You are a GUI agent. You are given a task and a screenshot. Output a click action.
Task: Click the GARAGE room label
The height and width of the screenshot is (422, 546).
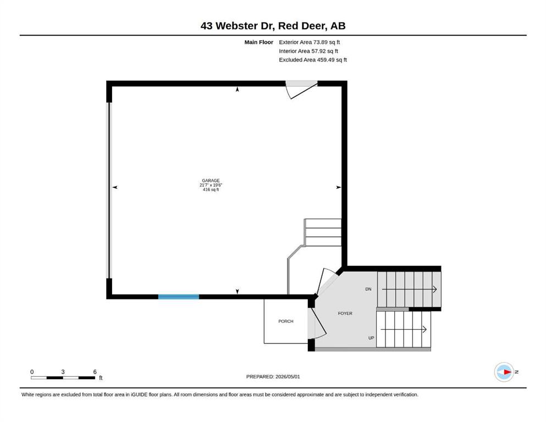[x=211, y=181]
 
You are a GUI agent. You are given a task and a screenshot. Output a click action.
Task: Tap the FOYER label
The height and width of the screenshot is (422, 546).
[x=345, y=313]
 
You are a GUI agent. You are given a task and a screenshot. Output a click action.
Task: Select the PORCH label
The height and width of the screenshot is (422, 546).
[x=286, y=321]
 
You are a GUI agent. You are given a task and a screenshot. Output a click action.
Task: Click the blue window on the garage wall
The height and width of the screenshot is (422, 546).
[x=179, y=297]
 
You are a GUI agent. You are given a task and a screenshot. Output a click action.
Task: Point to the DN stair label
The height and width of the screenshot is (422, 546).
[x=368, y=289]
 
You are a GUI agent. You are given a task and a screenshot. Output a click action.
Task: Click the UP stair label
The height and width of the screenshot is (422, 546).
[x=371, y=338]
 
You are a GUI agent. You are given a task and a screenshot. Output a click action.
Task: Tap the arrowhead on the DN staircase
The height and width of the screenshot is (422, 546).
[x=434, y=289]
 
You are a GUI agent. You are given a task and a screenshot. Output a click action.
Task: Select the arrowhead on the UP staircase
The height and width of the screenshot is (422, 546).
[x=424, y=329]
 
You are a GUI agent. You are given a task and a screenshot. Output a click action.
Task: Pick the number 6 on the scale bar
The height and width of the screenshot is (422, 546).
[x=95, y=371]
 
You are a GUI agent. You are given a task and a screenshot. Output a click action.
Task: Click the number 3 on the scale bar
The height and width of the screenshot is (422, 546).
[x=63, y=371]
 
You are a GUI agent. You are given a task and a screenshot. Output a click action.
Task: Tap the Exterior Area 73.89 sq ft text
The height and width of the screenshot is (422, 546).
[x=309, y=42]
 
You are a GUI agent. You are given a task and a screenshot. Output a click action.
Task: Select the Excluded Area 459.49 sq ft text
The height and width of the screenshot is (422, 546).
[x=313, y=59]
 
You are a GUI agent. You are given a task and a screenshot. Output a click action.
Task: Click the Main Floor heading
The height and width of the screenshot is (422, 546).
[x=259, y=42]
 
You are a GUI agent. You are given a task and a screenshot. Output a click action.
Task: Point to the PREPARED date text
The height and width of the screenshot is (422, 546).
[x=273, y=376]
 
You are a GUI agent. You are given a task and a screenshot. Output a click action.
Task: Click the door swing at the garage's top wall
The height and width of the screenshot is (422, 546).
[x=301, y=92]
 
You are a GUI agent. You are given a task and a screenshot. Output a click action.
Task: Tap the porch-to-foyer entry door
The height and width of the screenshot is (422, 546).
[x=318, y=323]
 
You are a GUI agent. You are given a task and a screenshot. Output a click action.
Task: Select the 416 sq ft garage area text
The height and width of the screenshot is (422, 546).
[x=211, y=190]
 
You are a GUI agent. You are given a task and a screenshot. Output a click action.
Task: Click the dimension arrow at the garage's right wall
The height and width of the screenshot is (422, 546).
[x=339, y=187]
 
